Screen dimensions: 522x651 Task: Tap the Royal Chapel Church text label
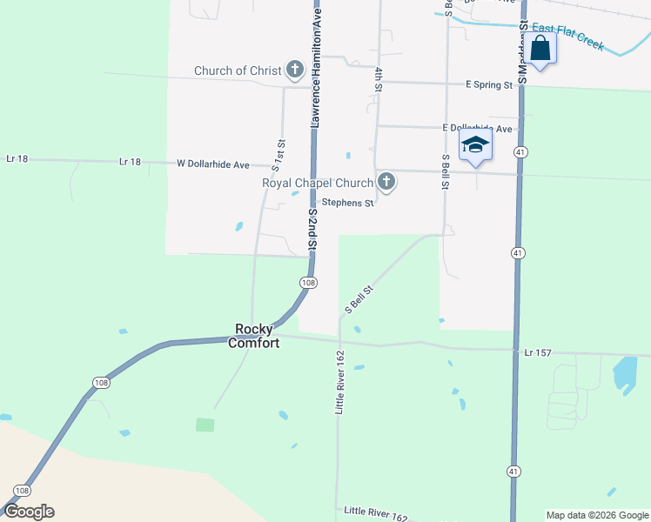coord(318,183)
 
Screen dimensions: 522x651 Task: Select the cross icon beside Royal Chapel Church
coord(387,183)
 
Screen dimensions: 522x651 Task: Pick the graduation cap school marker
coord(475,145)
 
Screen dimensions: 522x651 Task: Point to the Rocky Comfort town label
coord(254,336)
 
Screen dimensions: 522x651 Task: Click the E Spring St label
coord(488,85)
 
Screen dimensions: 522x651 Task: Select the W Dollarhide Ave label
coord(213,164)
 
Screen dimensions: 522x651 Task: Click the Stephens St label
coord(347,204)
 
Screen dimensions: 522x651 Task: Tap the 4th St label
coord(379,79)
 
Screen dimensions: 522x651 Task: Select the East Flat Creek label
coord(567,37)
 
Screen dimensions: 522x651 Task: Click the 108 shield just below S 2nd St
coord(308,284)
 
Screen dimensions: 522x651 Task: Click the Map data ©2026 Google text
coord(597,515)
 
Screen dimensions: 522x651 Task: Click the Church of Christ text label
coord(238,70)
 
